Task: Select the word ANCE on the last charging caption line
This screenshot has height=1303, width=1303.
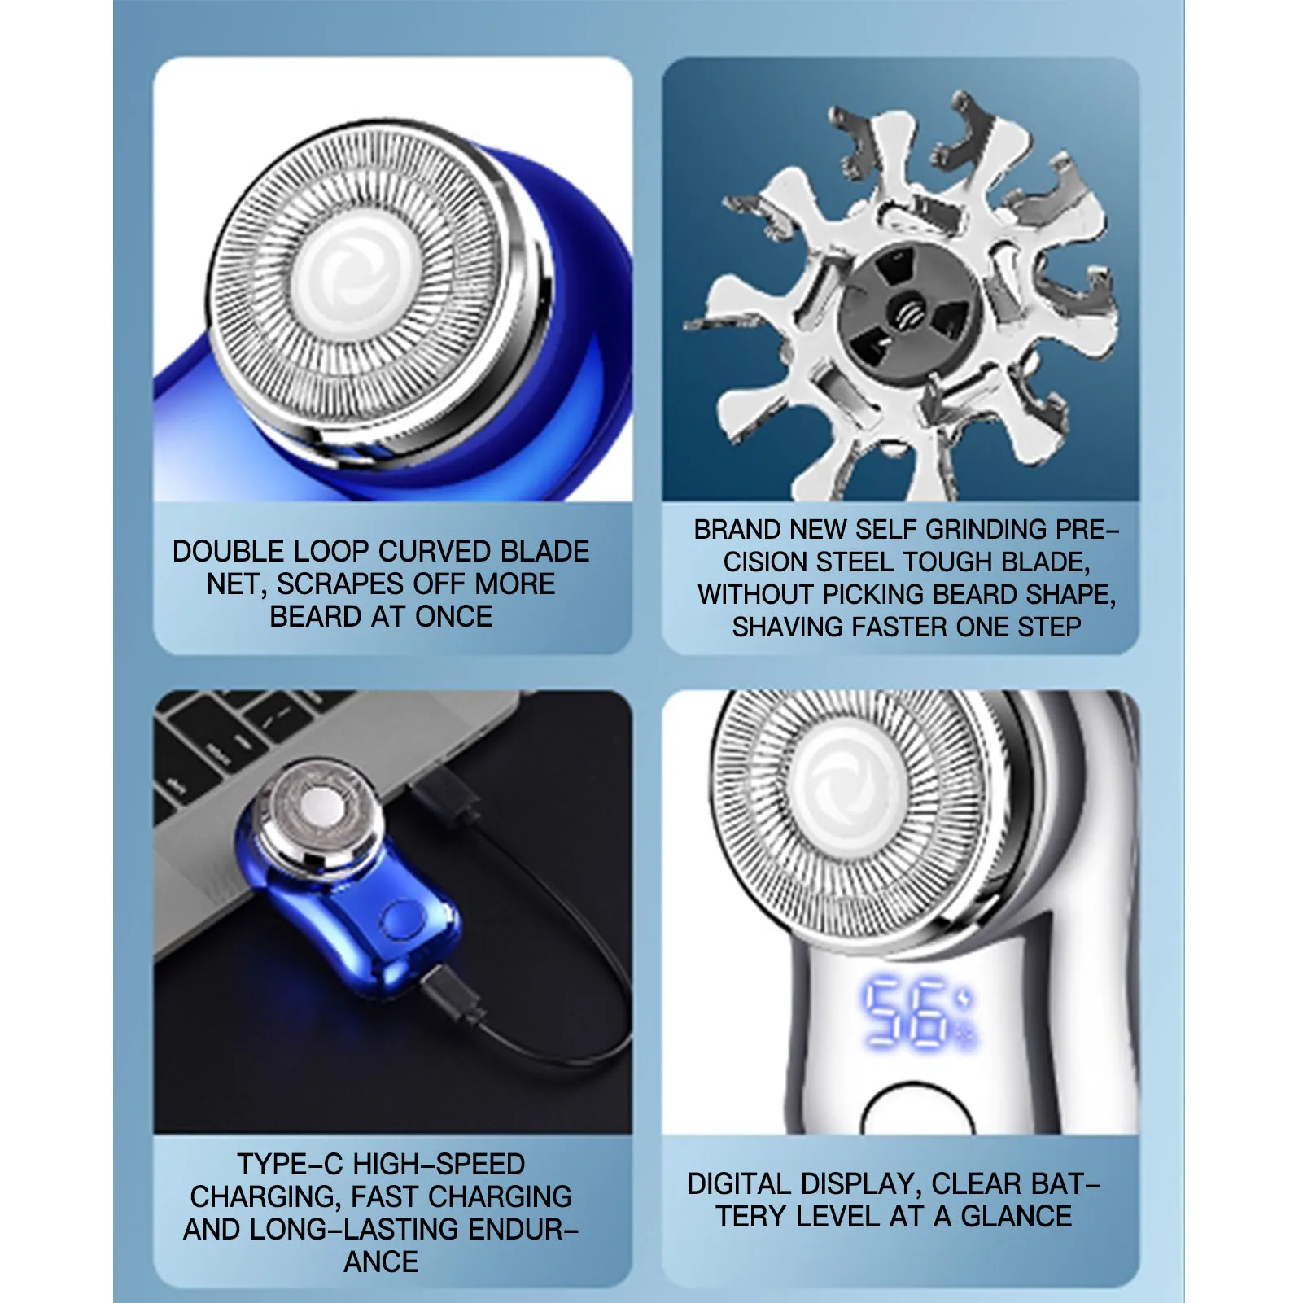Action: [x=381, y=1262]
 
